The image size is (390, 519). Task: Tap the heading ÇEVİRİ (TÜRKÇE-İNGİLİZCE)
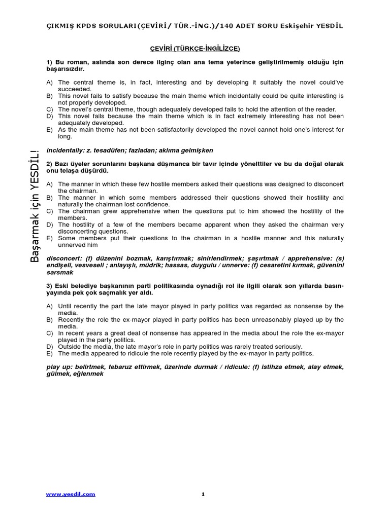click(x=194, y=49)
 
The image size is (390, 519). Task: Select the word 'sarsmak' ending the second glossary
click(x=60, y=272)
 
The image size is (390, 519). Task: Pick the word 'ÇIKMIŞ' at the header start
click(x=59, y=26)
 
